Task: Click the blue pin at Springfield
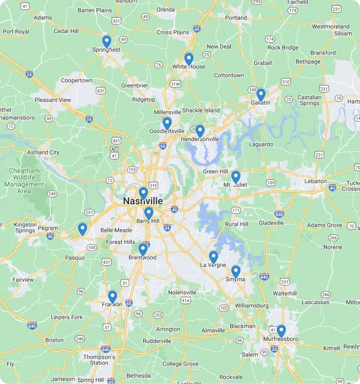107,41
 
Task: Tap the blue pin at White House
189,58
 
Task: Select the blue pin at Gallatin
261,94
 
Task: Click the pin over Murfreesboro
281,330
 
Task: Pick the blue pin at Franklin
112,296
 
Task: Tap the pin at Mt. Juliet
236,176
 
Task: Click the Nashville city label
143,201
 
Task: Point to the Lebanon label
316,181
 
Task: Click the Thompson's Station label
99,360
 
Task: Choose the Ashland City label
43,152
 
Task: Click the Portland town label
236,18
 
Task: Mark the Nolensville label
182,292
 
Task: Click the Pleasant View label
52,100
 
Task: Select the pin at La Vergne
214,257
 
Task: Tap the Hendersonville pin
200,130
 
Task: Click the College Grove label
181,364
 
